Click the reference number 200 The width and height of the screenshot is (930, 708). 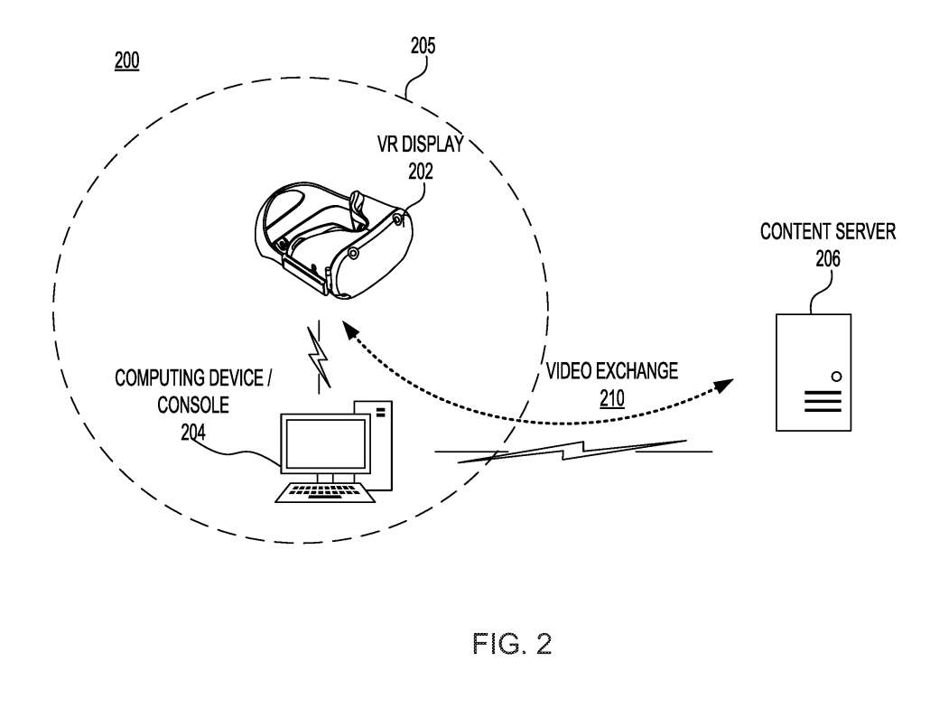[x=126, y=61]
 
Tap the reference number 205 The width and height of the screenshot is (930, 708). [x=423, y=46]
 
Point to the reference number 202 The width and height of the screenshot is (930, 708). [x=419, y=170]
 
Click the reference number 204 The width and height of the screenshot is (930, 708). [x=193, y=433]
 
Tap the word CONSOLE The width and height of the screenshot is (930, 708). [x=193, y=405]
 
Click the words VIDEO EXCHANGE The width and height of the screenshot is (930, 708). [x=612, y=371]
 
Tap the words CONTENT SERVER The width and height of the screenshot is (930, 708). [x=828, y=232]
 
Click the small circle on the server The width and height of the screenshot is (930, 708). [x=836, y=376]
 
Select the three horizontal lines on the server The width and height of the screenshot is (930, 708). [x=823, y=401]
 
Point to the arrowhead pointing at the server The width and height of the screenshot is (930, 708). [x=723, y=386]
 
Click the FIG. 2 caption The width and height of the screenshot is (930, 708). [x=512, y=644]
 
